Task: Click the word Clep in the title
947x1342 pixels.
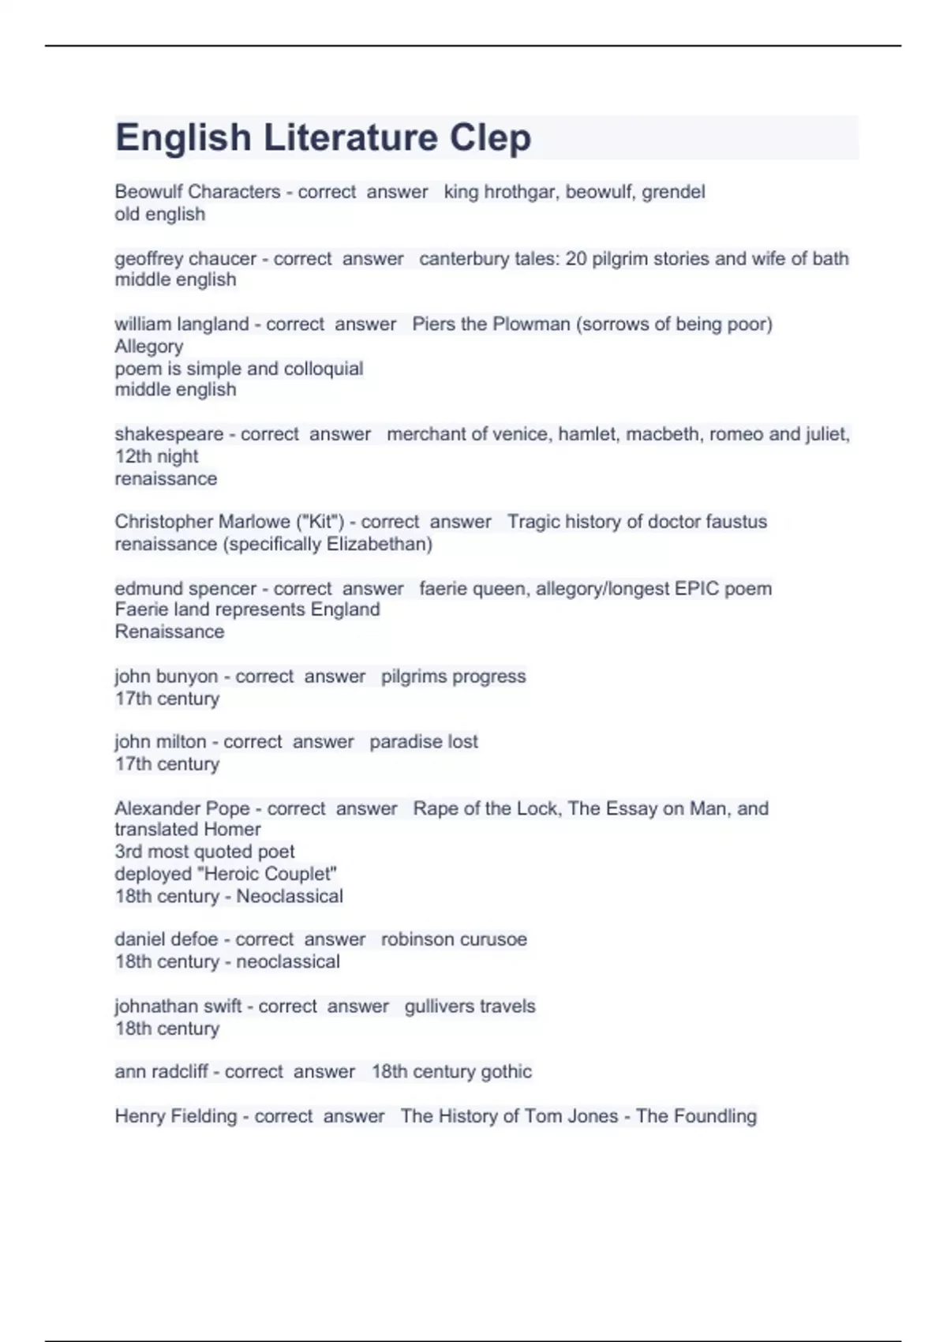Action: (x=490, y=138)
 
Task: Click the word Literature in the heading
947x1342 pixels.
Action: (x=350, y=137)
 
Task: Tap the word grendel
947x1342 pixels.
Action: (x=673, y=192)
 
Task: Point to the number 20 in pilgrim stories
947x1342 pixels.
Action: (x=576, y=259)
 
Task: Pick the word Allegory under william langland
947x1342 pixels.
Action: (x=148, y=347)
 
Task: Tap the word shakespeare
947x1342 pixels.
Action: (x=169, y=434)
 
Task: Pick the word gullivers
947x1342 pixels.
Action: (x=439, y=1006)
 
